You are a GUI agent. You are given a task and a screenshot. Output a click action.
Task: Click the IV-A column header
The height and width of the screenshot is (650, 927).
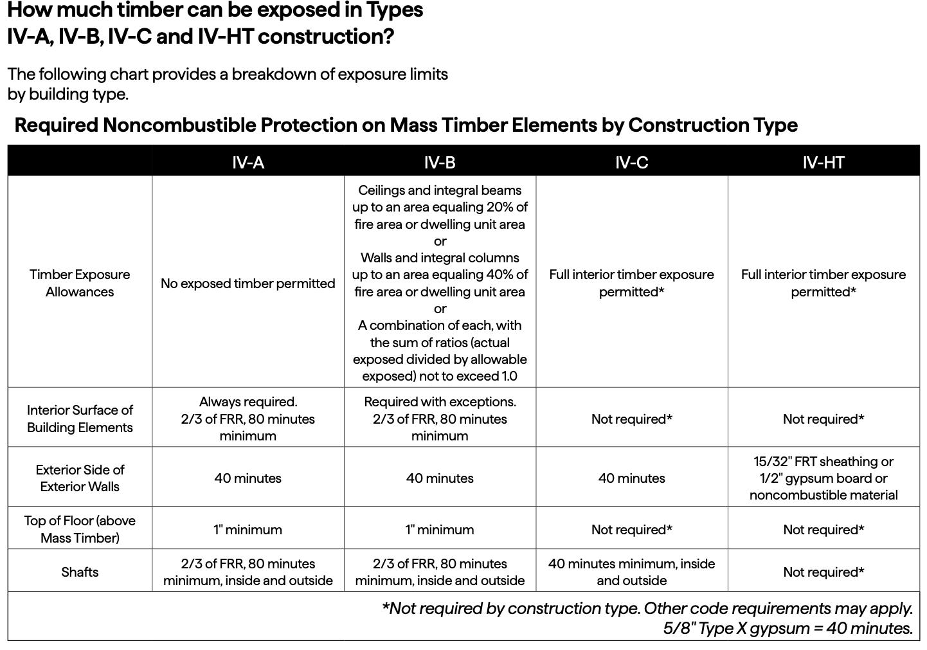pyautogui.click(x=248, y=162)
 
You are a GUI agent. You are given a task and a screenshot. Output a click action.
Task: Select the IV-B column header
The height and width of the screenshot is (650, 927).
pyautogui.click(x=440, y=162)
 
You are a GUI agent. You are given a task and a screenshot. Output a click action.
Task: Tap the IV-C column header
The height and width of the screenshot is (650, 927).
pyautogui.click(x=631, y=162)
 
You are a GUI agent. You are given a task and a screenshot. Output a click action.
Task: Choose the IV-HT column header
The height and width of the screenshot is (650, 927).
pyautogui.click(x=823, y=162)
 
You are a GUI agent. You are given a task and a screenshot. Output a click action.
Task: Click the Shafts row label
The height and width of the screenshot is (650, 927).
pyautogui.click(x=80, y=572)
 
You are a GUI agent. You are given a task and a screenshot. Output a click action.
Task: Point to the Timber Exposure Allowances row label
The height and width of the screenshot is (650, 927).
pyautogui.click(x=80, y=283)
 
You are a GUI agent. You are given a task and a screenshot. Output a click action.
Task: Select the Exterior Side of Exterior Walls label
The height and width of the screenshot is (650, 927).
pyautogui.click(x=80, y=478)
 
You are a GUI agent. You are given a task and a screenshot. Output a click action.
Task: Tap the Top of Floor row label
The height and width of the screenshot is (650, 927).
pyautogui.click(x=80, y=528)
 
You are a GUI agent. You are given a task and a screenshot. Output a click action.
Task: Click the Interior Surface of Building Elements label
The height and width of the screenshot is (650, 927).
pyautogui.click(x=80, y=419)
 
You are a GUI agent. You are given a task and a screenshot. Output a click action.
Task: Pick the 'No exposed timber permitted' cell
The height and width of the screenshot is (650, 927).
pyautogui.click(x=248, y=284)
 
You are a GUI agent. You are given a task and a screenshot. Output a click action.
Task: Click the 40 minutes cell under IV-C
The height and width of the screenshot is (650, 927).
pyautogui.click(x=631, y=478)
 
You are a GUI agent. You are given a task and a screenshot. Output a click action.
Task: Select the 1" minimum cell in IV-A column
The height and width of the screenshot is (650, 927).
pyautogui.click(x=248, y=530)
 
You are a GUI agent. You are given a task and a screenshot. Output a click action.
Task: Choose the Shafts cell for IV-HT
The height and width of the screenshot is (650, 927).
pyautogui.click(x=823, y=572)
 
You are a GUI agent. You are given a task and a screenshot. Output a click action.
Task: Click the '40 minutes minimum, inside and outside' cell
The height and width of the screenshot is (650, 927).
pyautogui.click(x=631, y=572)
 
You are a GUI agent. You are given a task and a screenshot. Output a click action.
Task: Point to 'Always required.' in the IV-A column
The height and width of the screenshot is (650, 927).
pyautogui.click(x=248, y=402)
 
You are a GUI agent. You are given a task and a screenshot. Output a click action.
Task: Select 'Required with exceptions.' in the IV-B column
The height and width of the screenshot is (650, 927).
pyautogui.click(x=440, y=402)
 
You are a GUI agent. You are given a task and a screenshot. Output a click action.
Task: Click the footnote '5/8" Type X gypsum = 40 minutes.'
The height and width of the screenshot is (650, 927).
pyautogui.click(x=788, y=628)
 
